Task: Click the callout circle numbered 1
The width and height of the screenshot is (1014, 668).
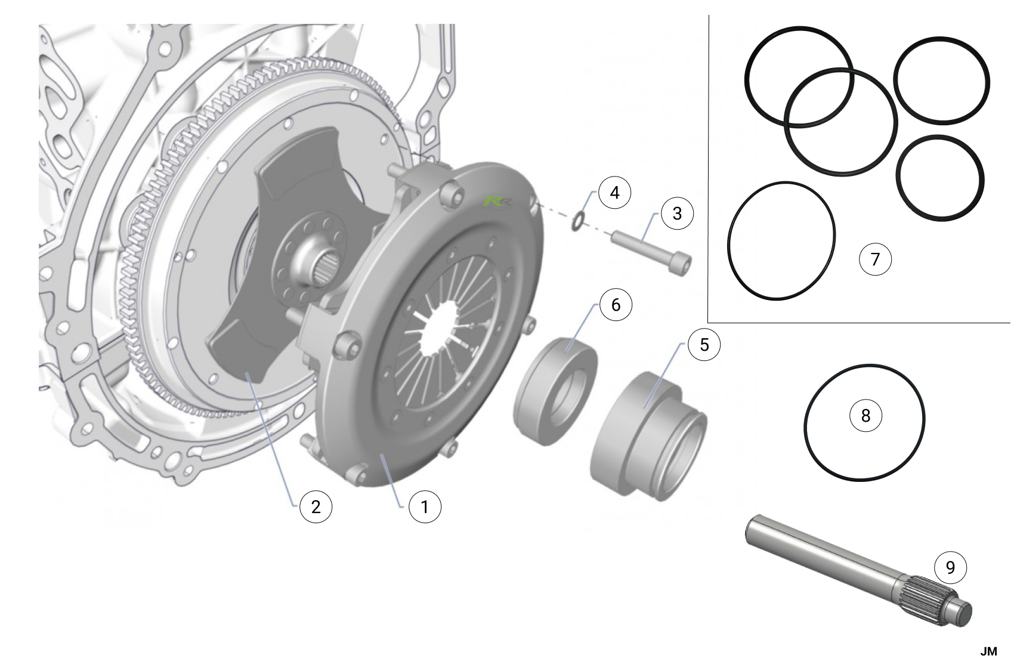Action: [x=425, y=507]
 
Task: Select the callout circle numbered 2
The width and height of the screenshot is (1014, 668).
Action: [x=316, y=507]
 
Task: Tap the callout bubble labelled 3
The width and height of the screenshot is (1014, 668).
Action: [x=677, y=213]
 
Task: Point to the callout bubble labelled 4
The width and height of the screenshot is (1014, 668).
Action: [x=615, y=192]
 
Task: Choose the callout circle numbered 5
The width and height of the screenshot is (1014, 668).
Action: [x=704, y=344]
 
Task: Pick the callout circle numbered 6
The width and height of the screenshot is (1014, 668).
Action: [x=616, y=305]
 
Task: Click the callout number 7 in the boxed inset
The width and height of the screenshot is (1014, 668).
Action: [x=875, y=259]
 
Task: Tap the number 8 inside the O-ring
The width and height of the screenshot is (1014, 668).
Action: [x=865, y=416]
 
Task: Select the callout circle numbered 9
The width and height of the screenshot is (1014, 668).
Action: [x=950, y=567]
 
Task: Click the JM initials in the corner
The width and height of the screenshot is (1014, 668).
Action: [x=989, y=652]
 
